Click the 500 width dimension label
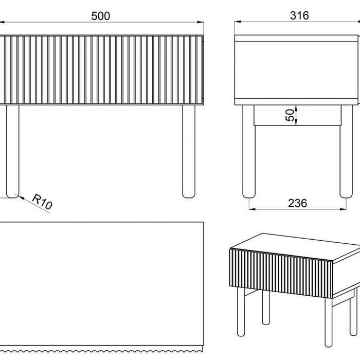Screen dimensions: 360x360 pyautogui.click(x=101, y=16)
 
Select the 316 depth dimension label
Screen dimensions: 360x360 pyautogui.click(x=299, y=15)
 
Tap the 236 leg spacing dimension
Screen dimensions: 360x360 pyautogui.click(x=297, y=203)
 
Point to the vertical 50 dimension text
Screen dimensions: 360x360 pyautogui.click(x=290, y=115)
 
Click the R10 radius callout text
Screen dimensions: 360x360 pyautogui.click(x=42, y=201)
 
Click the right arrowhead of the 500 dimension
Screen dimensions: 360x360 pyautogui.click(x=201, y=22)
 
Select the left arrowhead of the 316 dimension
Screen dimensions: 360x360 pyautogui.click(x=238, y=22)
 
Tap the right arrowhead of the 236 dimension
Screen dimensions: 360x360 pyautogui.click(x=343, y=209)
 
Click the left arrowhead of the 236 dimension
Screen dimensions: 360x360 pyautogui.click(x=253, y=209)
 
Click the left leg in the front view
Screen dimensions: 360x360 pyautogui.click(x=13, y=151)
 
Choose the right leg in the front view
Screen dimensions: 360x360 pyautogui.click(x=189, y=151)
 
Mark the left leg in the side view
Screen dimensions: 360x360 pyautogui.click(x=249, y=151)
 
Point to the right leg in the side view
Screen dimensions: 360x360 pyautogui.click(x=346, y=151)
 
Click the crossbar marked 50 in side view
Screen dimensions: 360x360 pyautogui.click(x=298, y=115)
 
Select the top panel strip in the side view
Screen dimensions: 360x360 pyautogui.click(x=296, y=39)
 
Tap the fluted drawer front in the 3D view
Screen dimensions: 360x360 pyautogui.click(x=281, y=274)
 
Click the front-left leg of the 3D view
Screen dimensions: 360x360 pyautogui.click(x=241, y=312)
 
